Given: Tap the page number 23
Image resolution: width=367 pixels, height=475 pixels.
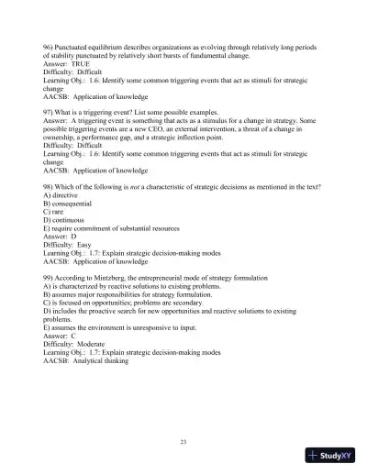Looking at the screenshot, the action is [x=183, y=443].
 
